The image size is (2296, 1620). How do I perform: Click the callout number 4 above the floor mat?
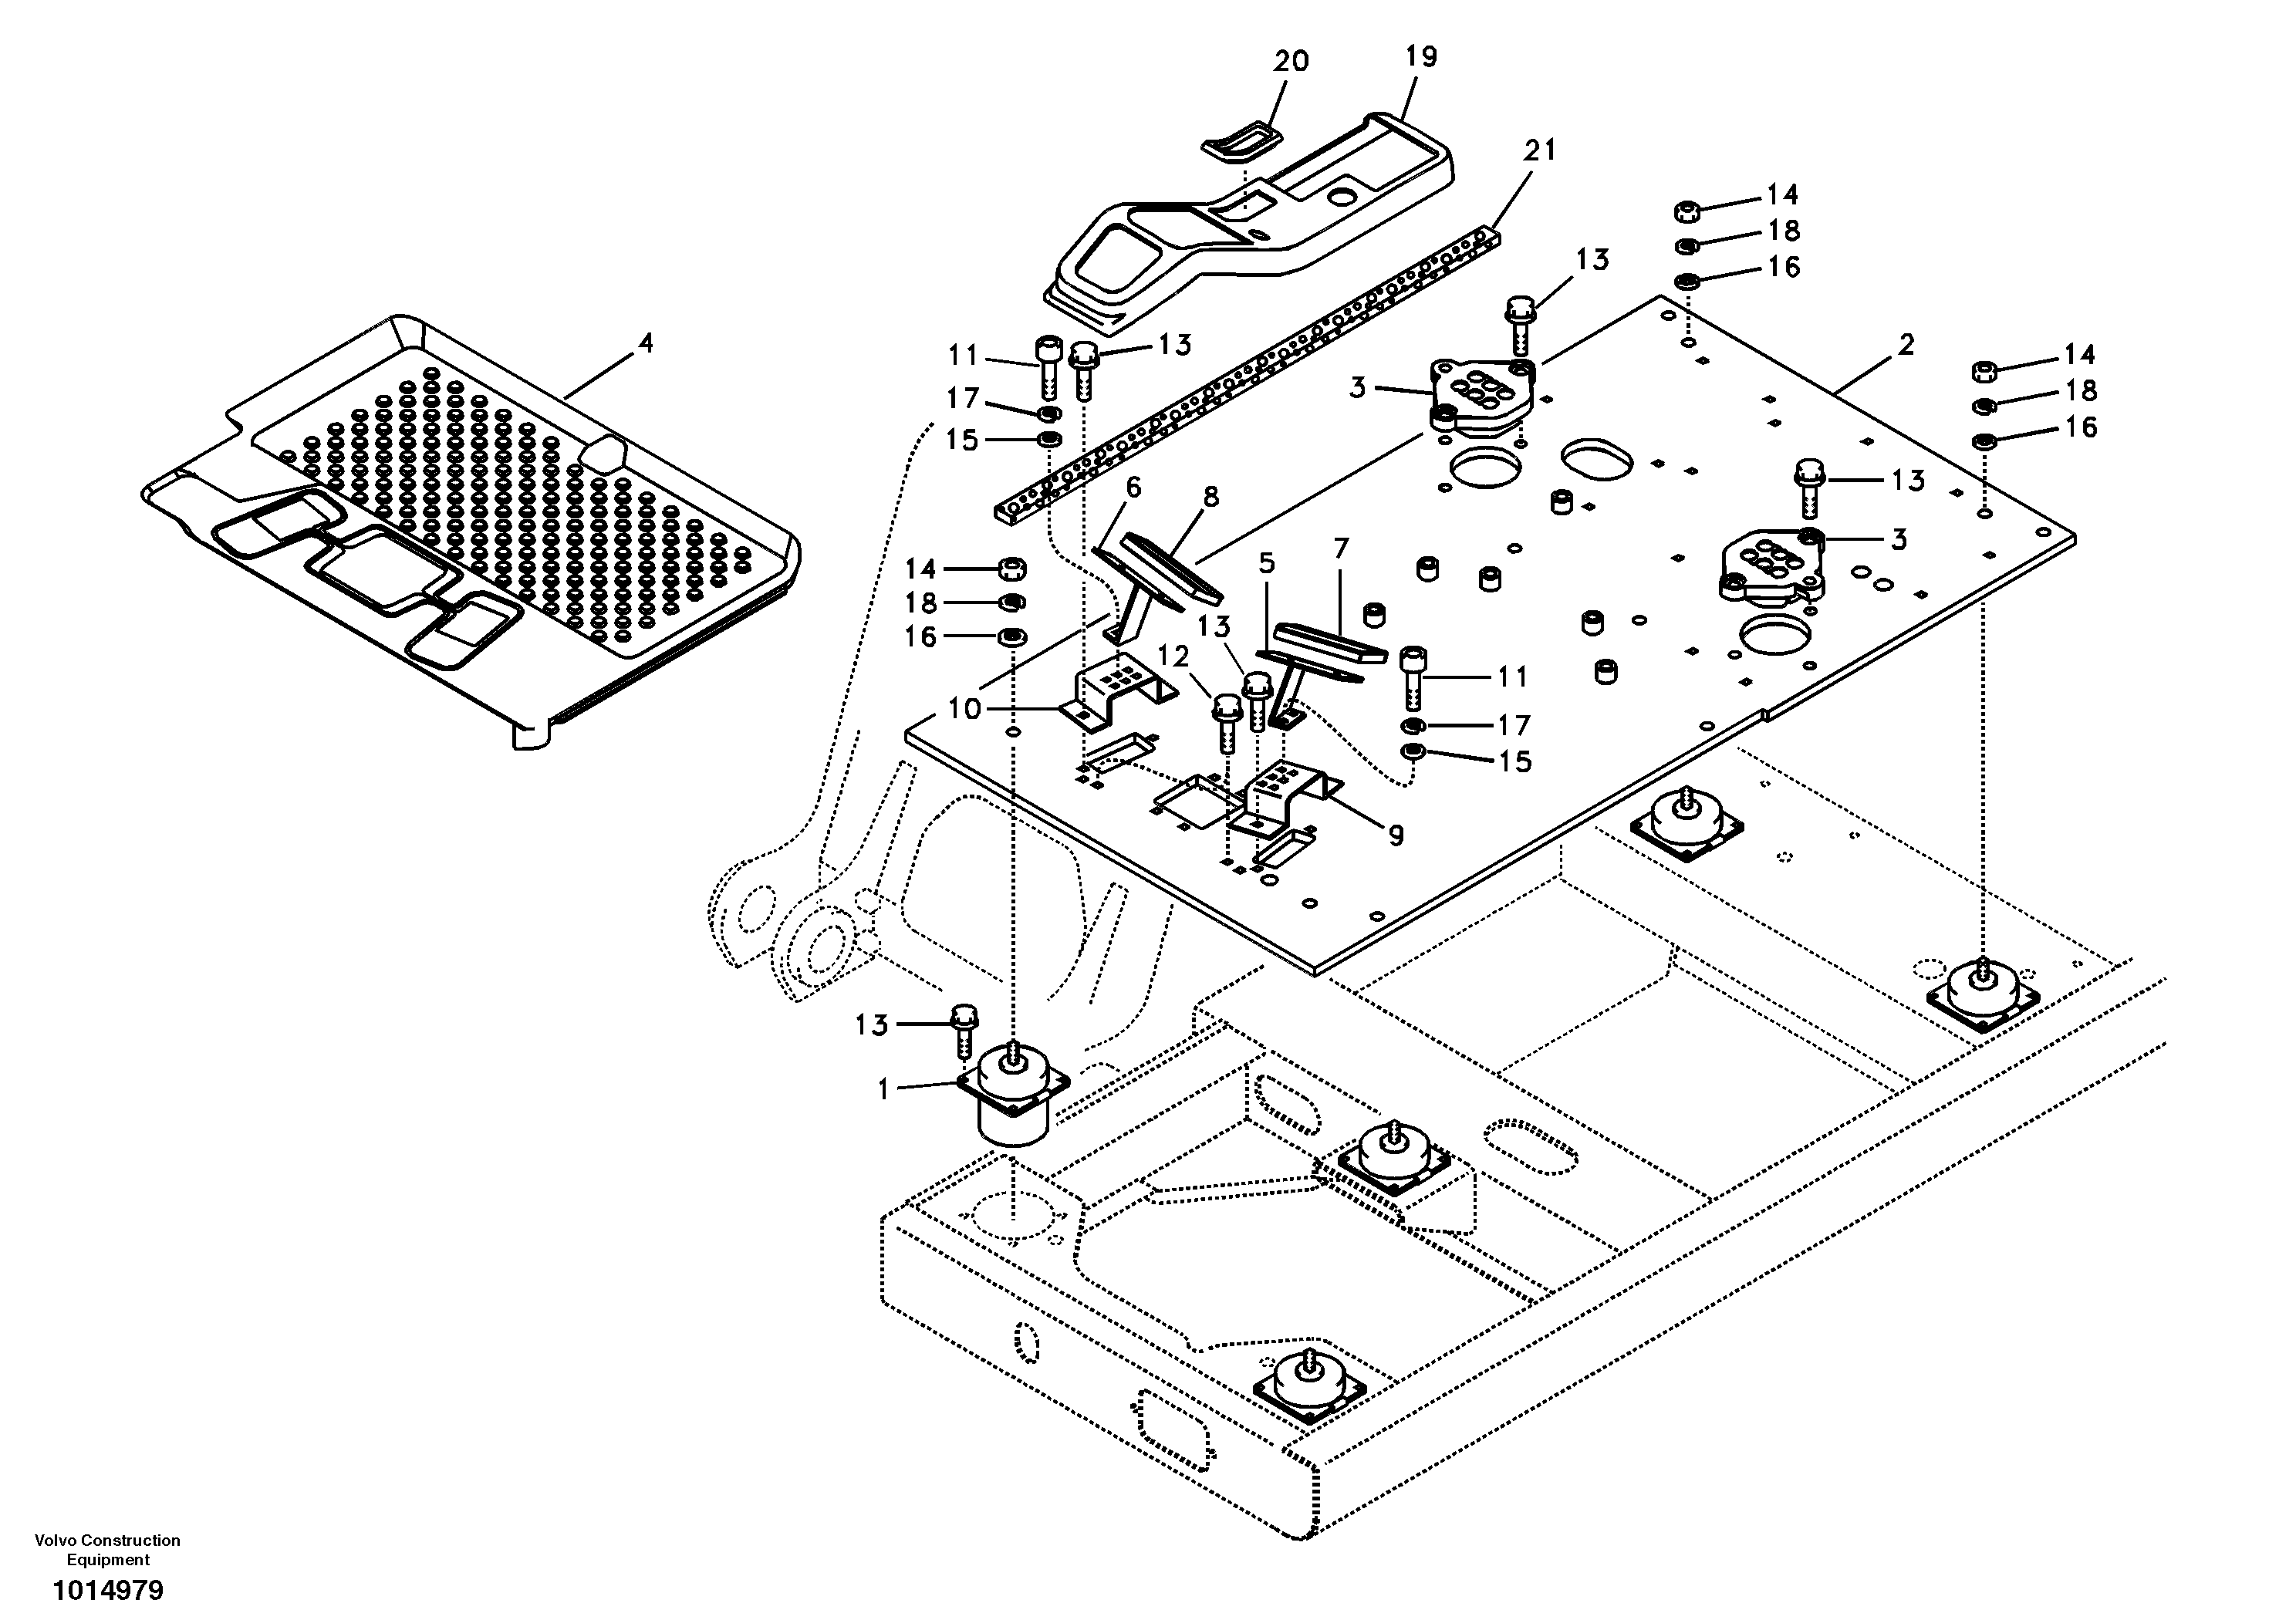[x=646, y=344]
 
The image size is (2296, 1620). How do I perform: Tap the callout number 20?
[x=1290, y=62]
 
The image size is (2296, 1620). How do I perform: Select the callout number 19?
[x=1420, y=57]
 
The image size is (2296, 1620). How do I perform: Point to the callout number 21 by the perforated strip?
[x=1540, y=151]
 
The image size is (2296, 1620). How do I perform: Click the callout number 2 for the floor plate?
[x=1906, y=345]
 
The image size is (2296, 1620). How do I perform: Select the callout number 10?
[x=965, y=709]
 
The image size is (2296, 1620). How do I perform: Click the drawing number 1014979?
[x=108, y=1590]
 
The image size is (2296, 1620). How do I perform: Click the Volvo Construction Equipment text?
[x=108, y=1550]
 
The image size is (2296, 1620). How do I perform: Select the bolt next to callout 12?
[x=1225, y=725]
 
